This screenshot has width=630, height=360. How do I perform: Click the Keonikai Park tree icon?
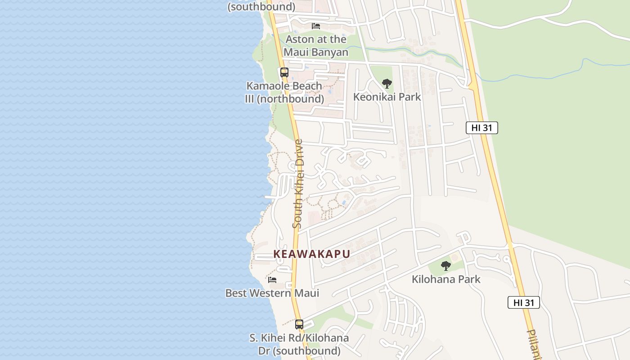pos(386,84)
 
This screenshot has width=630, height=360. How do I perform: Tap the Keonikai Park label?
pos(387,97)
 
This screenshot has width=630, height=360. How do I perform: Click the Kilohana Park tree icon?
pos(445,266)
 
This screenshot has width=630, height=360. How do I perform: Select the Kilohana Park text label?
pos(446,279)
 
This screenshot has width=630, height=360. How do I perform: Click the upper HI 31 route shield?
pos(481,128)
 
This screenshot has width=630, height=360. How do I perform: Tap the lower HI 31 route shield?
pos(523,302)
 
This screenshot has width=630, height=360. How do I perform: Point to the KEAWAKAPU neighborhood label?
pos(311,254)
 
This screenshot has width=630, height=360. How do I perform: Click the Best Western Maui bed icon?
pos(272,280)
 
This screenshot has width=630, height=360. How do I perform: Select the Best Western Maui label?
pos(272,293)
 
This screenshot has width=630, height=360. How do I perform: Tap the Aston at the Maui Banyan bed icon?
pos(316,26)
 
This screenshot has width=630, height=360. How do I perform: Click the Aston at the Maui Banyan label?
pos(316,45)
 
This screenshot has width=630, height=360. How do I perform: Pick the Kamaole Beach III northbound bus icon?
pos(284,72)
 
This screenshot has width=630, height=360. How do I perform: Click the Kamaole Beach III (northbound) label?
pos(284,92)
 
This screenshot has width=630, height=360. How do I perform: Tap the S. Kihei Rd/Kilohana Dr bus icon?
pos(299,324)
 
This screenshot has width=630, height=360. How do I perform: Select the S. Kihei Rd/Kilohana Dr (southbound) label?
pos(299,344)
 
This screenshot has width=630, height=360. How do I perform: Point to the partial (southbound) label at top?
pos(261,7)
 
